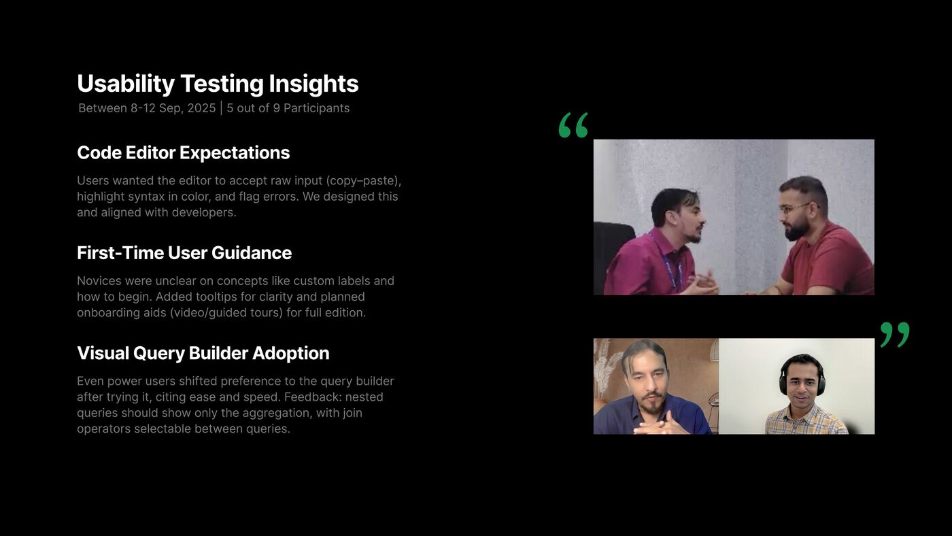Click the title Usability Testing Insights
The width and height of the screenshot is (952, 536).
pyautogui.click(x=218, y=84)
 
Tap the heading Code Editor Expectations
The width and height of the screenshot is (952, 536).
pyautogui.click(x=183, y=153)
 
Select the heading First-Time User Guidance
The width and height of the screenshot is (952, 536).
pyautogui.click(x=184, y=253)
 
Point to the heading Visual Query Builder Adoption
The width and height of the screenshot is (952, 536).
pyautogui.click(x=203, y=354)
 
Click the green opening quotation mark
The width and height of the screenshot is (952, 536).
pyautogui.click(x=573, y=125)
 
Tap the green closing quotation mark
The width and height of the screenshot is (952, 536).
pyautogui.click(x=894, y=335)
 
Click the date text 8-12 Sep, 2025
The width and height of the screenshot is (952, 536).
pyautogui.click(x=173, y=108)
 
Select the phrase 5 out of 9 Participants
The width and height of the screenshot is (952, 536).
pyautogui.click(x=288, y=108)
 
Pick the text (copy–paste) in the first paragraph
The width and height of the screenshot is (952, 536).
pyautogui.click(x=363, y=181)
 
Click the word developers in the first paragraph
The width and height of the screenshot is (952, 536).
pyautogui.click(x=203, y=212)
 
